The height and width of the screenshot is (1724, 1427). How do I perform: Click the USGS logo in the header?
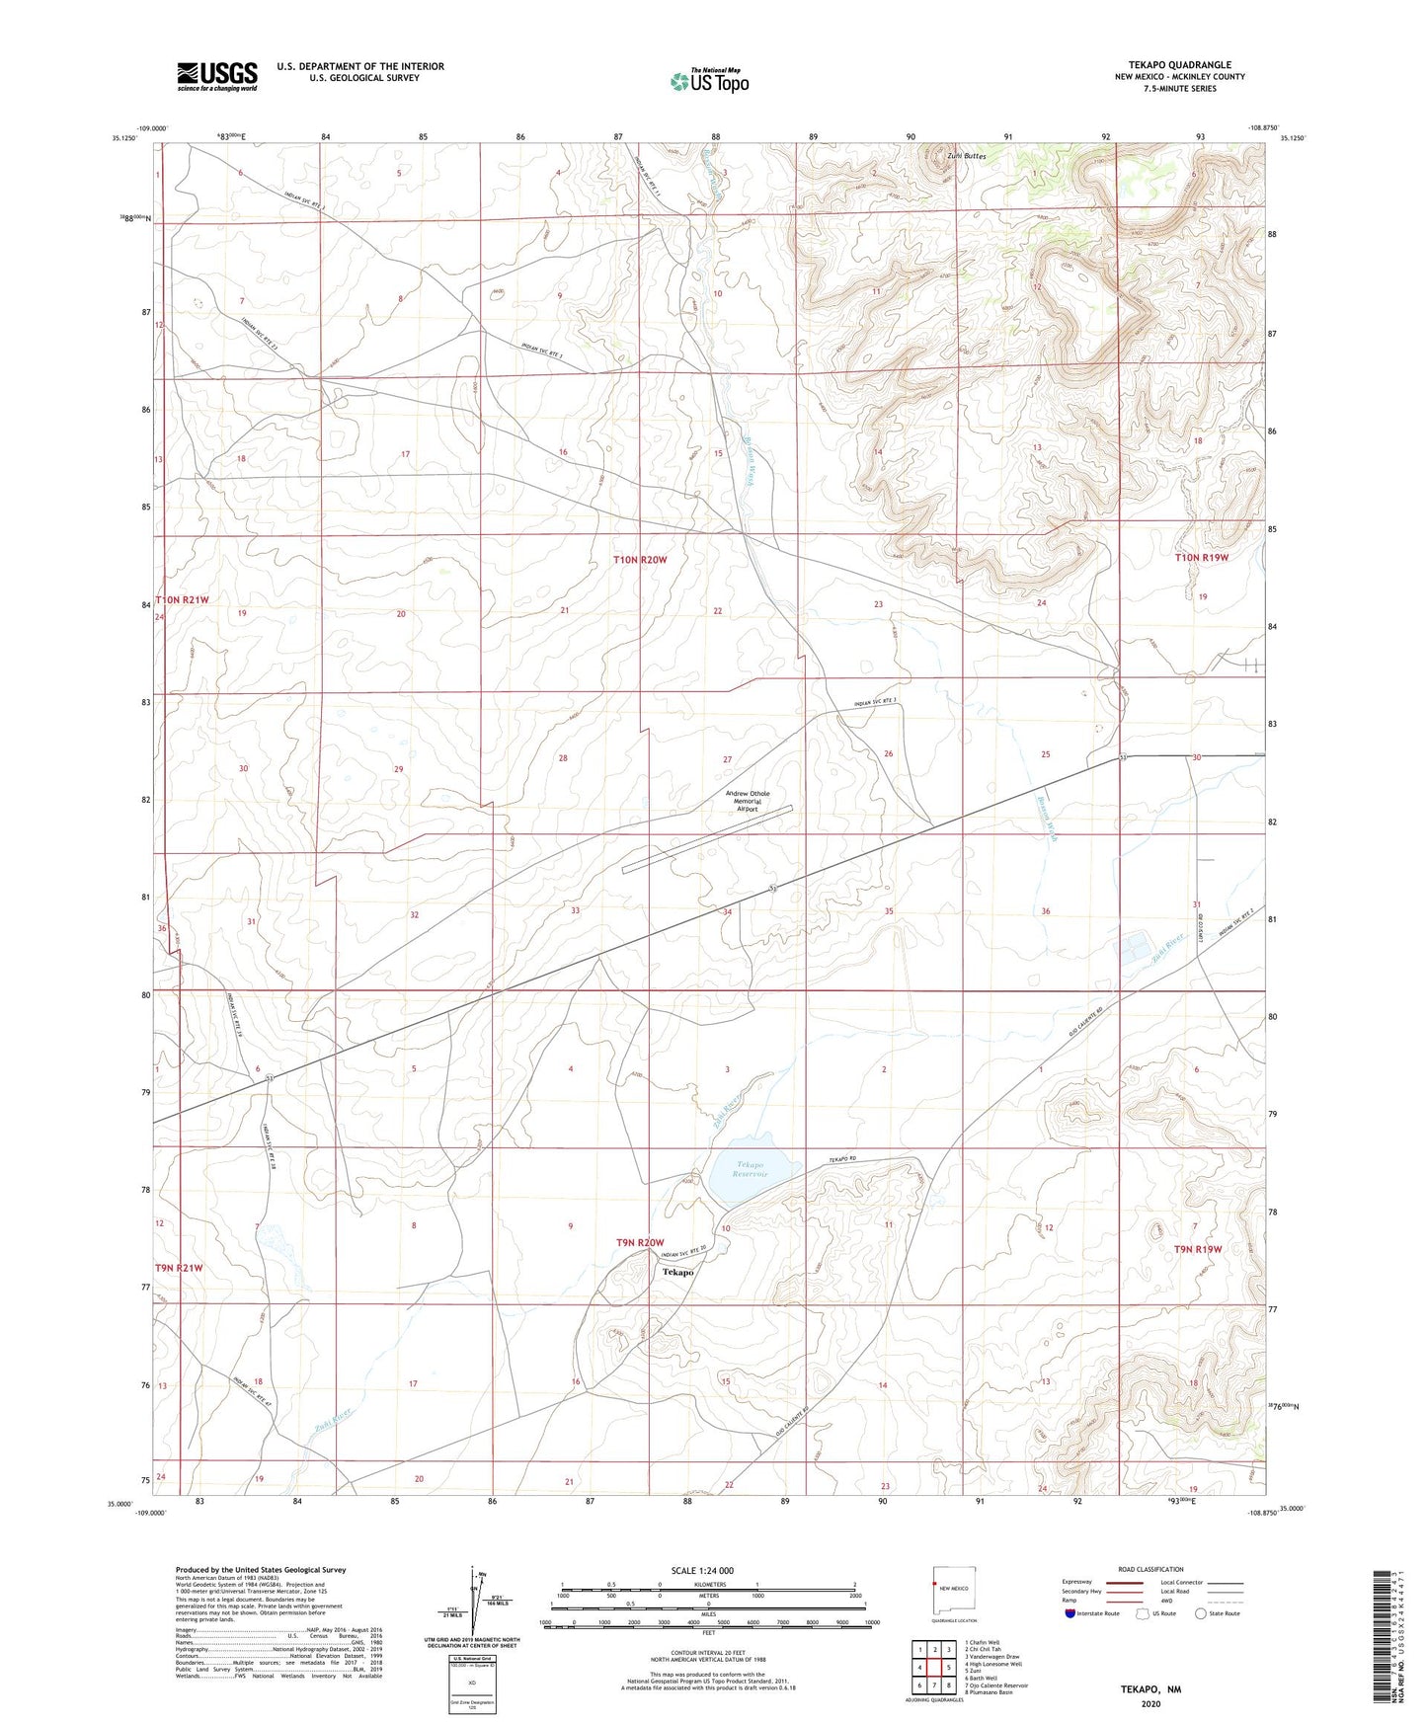click(x=217, y=76)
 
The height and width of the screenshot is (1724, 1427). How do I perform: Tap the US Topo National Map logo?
click(x=709, y=80)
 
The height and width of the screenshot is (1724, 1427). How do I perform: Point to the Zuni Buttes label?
click(x=966, y=156)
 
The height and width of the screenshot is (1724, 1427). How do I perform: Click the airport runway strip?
click(x=707, y=839)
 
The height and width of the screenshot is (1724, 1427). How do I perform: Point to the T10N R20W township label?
click(x=640, y=560)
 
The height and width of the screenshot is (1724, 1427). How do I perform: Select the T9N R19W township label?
click(x=1198, y=1249)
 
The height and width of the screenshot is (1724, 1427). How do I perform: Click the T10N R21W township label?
click(x=182, y=599)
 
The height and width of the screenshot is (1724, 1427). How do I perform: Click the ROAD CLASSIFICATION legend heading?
click(x=1150, y=1569)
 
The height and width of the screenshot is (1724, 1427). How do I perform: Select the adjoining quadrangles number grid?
click(x=934, y=1671)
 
